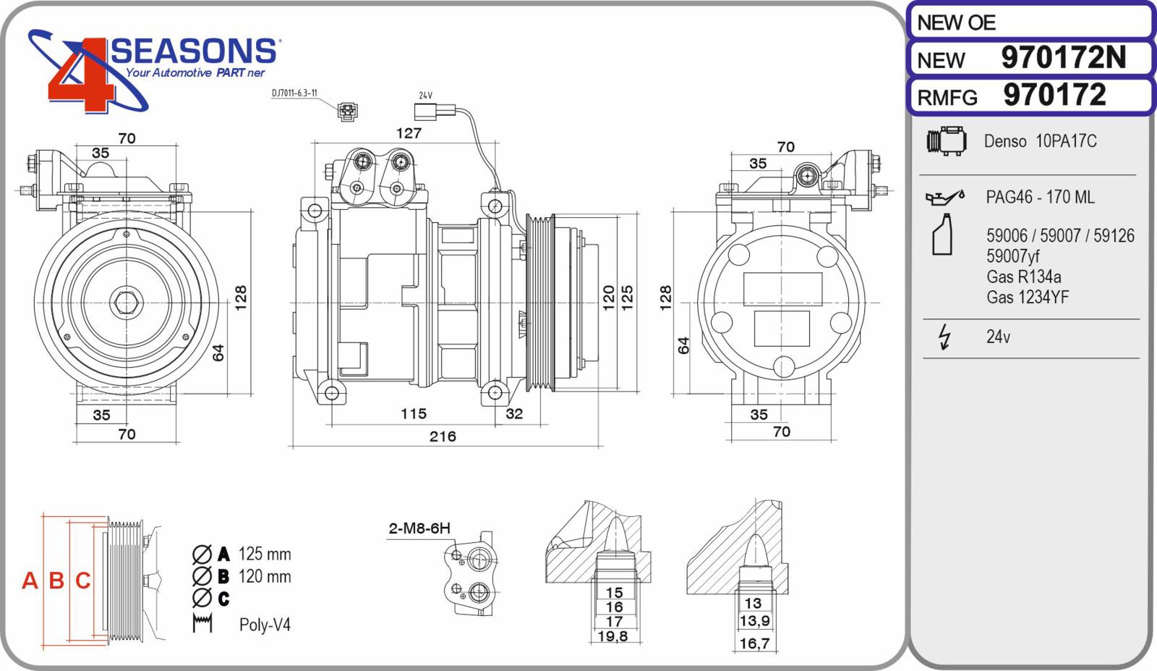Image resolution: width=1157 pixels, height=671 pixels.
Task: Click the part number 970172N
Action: coord(1063,57)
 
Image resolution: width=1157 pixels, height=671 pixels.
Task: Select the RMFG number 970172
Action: coord(1055,95)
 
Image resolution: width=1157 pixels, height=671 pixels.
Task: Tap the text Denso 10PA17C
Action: coord(1040,141)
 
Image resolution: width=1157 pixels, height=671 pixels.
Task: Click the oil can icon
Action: coord(944,197)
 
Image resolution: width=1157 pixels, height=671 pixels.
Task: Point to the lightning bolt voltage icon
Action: coord(944,337)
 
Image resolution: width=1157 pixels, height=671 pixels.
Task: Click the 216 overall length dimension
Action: coord(443,436)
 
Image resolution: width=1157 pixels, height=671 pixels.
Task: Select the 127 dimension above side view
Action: coord(409,133)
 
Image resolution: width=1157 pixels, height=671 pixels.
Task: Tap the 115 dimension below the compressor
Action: coord(414,413)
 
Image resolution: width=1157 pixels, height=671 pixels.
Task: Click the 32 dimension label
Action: coord(514,413)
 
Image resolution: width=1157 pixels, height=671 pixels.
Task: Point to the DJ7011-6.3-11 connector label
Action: coord(294,93)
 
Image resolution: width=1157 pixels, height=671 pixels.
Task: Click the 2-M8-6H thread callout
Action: coord(419,528)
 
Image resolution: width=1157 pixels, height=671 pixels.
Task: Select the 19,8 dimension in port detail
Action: coord(612,636)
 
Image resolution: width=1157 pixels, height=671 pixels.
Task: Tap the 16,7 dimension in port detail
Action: coord(755,643)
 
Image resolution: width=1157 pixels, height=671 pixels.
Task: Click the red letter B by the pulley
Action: coord(56,581)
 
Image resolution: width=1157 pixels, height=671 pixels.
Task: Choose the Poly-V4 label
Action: coord(265,625)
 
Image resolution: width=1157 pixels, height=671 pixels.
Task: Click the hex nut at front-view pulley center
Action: coord(127,303)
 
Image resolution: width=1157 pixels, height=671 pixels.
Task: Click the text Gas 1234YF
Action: coord(1028,297)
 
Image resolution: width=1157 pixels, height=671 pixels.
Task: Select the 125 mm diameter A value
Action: coord(265,554)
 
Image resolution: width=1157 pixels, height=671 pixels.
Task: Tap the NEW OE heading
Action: coord(956,22)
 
